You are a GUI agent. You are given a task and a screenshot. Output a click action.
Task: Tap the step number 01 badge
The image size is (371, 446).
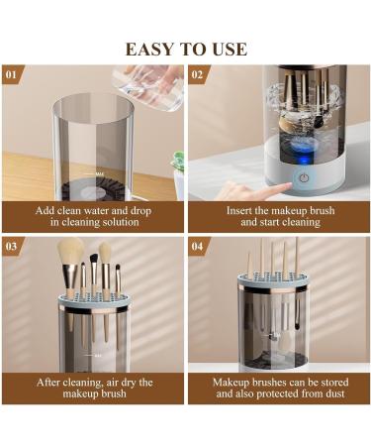(x=12, y=74)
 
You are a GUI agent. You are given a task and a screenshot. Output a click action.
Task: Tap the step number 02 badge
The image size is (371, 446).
(x=197, y=74)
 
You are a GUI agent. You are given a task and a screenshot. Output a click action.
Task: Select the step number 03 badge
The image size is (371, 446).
(x=12, y=245)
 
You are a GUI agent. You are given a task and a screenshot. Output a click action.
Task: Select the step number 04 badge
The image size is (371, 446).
(x=197, y=245)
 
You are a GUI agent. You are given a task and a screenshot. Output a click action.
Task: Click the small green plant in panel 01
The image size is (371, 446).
(x=178, y=163)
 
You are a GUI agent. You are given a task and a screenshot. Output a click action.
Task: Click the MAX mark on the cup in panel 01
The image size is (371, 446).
(x=98, y=172)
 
